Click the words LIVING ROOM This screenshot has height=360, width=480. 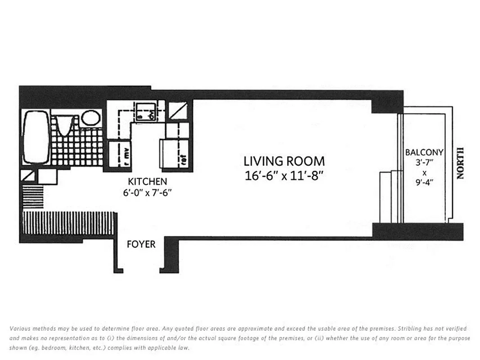(284, 161)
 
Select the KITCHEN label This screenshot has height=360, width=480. (148, 182)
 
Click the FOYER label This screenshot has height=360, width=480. (141, 244)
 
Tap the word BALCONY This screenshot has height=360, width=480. (424, 153)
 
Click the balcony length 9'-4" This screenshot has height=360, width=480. (424, 183)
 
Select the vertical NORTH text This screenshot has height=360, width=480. (459, 163)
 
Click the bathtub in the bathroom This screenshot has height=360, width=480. (36, 137)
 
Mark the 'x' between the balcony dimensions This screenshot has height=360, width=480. (424, 172)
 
